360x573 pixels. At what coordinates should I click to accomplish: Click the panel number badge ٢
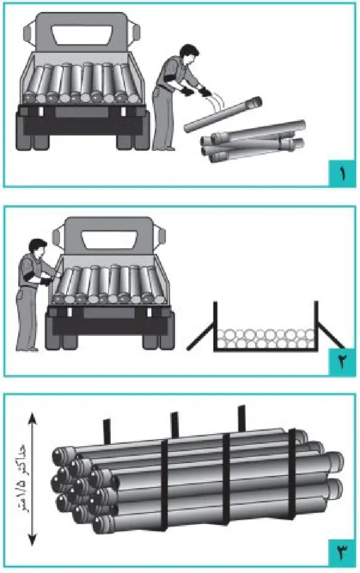(x=342, y=362)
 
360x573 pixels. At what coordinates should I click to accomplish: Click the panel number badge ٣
(x=342, y=554)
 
